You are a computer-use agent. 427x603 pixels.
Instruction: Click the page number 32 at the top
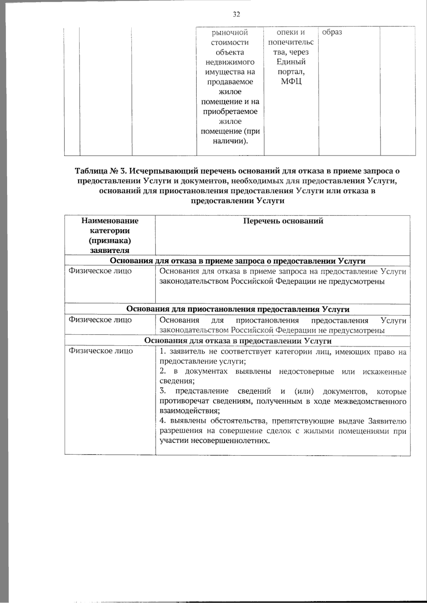(236, 14)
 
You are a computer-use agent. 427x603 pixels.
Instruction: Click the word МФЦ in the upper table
(291, 82)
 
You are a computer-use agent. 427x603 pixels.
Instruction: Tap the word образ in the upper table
(332, 32)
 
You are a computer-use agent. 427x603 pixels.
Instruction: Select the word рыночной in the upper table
(230, 33)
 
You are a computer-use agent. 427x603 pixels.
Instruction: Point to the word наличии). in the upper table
(230, 141)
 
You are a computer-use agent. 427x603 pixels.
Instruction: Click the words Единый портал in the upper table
(291, 67)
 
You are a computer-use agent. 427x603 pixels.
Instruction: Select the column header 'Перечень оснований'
(283, 221)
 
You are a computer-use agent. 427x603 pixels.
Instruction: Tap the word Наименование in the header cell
(110, 220)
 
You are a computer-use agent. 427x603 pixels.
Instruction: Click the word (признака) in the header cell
(110, 241)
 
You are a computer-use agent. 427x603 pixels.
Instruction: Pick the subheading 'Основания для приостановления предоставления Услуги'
(238, 309)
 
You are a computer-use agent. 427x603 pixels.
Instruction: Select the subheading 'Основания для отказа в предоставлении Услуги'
(238, 341)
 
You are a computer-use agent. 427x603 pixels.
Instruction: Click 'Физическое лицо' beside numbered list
(100, 351)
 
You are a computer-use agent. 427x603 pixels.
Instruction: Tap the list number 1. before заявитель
(163, 352)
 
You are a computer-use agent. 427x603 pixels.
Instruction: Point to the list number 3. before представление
(163, 391)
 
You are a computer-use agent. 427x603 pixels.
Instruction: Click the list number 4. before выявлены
(163, 421)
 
